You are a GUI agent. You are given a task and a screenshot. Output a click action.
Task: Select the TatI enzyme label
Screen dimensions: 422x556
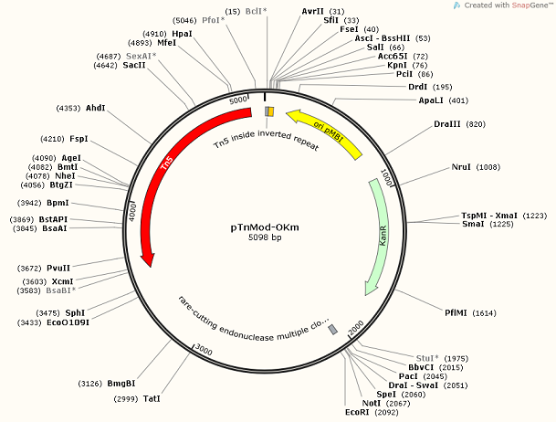pos(152,399)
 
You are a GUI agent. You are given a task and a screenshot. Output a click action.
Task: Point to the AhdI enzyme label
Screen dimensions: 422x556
pos(95,108)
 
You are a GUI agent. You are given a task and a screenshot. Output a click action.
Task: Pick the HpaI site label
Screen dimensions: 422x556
pos(182,33)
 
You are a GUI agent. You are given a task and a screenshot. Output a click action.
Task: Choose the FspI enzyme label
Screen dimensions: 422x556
pos(79,139)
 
